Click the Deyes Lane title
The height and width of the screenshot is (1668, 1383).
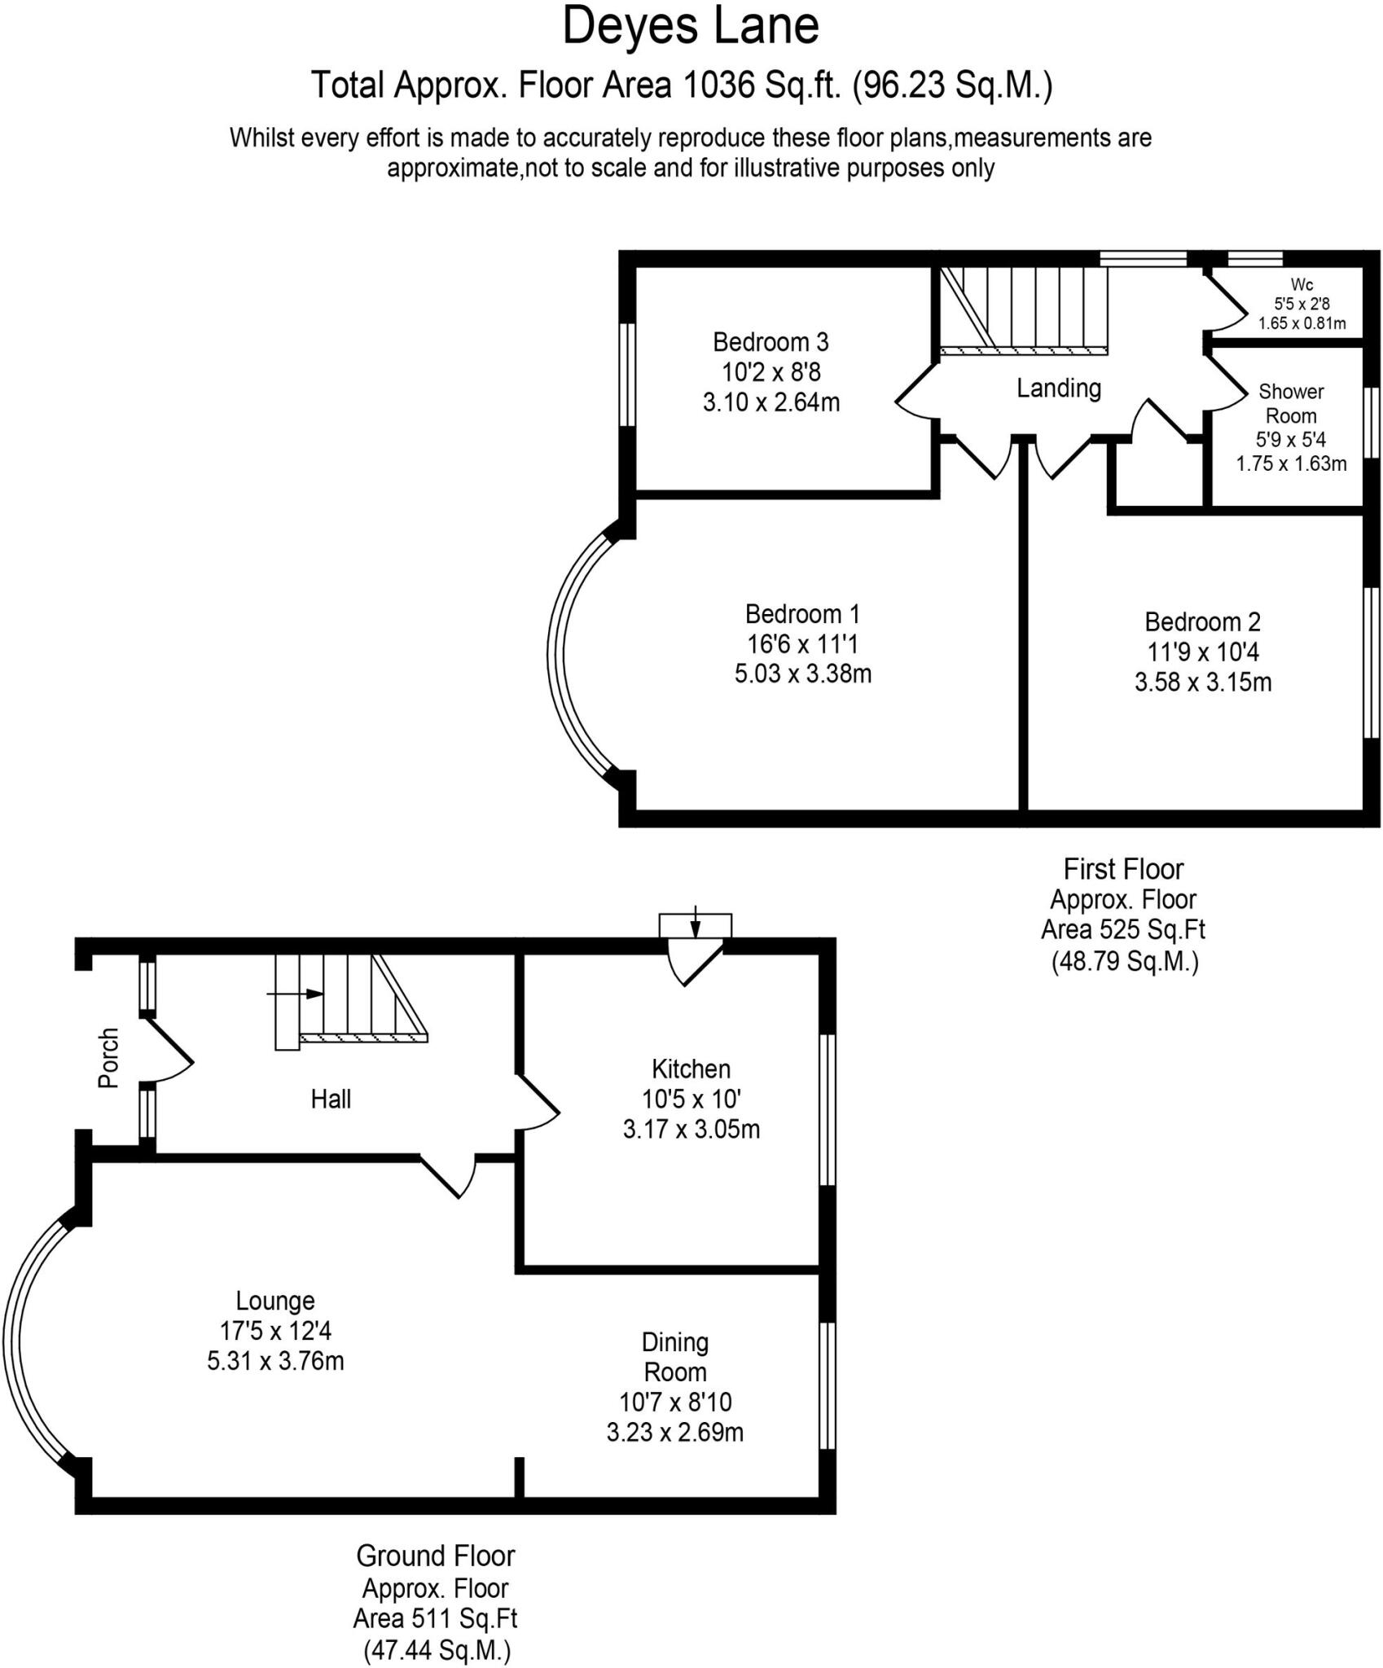pyautogui.click(x=690, y=26)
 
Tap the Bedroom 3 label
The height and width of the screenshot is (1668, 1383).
pyautogui.click(x=771, y=341)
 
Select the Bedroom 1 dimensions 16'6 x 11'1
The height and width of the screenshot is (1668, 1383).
pyautogui.click(x=802, y=644)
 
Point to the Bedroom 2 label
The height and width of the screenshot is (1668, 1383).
pyautogui.click(x=1202, y=621)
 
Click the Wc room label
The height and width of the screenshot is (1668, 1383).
pyautogui.click(x=1302, y=284)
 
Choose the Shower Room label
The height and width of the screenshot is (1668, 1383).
pyautogui.click(x=1291, y=403)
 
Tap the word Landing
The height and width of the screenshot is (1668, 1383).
pyautogui.click(x=1058, y=388)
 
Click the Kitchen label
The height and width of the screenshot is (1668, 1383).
pyautogui.click(x=691, y=1069)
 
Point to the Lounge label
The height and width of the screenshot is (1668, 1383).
pyautogui.click(x=275, y=1300)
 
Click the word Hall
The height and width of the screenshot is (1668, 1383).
pyautogui.click(x=331, y=1100)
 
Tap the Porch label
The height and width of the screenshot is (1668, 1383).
pyautogui.click(x=108, y=1058)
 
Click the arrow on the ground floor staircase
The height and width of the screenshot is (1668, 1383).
pyautogui.click(x=296, y=994)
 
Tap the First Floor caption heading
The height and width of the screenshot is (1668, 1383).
pyautogui.click(x=1123, y=869)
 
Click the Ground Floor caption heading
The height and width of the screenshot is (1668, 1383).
pyautogui.click(x=435, y=1556)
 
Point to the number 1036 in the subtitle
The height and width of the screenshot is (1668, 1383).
pyautogui.click(x=719, y=85)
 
